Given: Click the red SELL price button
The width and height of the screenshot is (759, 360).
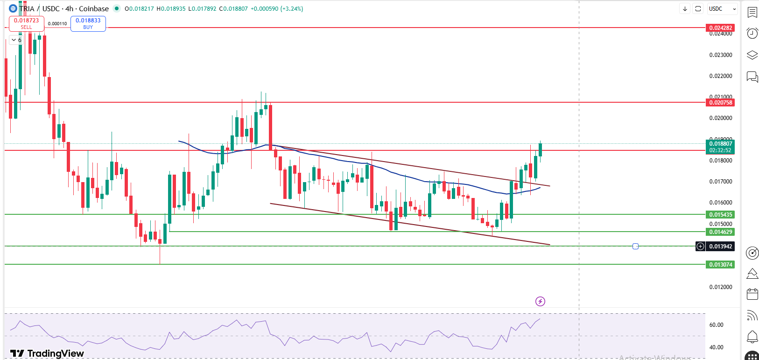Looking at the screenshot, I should coord(27,24).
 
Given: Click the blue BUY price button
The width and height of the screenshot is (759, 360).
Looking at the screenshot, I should coord(88,24).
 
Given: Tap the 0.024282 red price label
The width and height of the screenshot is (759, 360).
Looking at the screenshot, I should coord(721,28).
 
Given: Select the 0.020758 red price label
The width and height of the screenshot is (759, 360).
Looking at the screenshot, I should coord(721,103).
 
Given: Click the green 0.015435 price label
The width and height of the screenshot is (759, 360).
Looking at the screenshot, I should coord(721,215).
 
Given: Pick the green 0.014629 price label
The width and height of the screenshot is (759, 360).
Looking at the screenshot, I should coord(721,232).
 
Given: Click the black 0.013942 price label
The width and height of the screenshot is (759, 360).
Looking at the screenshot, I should coord(721,247).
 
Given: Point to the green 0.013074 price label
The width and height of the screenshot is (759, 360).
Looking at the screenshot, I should coord(721,265).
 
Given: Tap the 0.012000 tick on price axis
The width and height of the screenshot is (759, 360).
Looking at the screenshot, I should coord(721,287).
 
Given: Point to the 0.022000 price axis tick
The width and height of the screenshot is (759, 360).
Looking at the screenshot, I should coord(721,76).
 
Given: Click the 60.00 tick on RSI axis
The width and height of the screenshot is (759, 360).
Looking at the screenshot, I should coord(717,325).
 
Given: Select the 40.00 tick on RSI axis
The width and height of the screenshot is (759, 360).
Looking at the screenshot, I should coord(717,347).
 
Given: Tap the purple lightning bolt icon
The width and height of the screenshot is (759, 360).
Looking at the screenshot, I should coord(540,301).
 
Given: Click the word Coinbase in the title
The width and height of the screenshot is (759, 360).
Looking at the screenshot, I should coord(94,9).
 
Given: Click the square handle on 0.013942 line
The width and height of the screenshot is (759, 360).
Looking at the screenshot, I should coord(635,246).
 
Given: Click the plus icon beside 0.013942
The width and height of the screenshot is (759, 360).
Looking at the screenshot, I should coord(700,247).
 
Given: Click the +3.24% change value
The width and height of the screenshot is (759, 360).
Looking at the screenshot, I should coord(292,9).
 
